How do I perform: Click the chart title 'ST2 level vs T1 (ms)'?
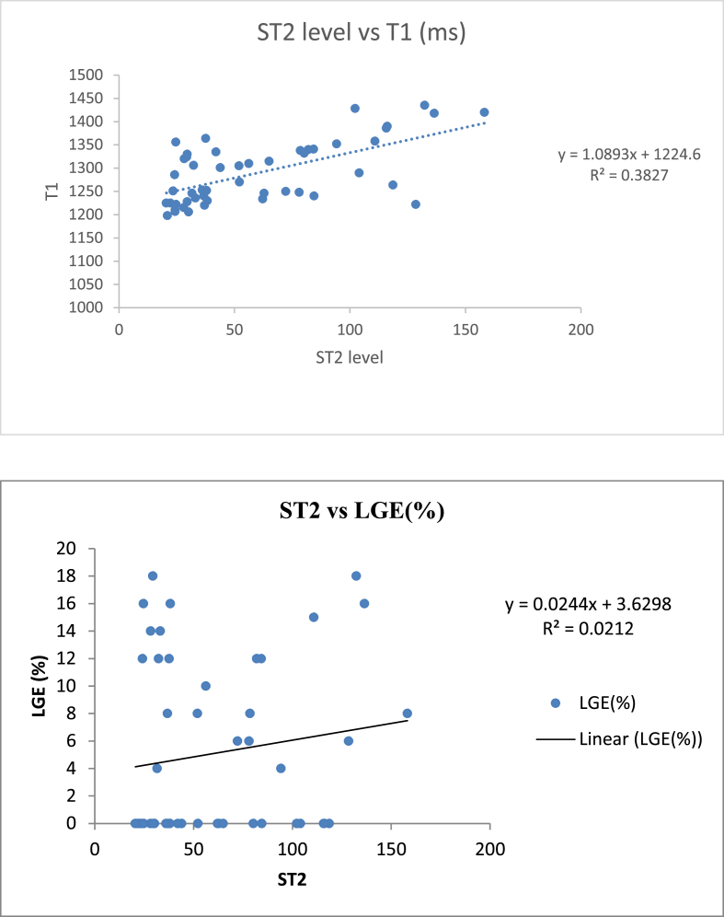(361, 34)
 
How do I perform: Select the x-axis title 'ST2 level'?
(349, 358)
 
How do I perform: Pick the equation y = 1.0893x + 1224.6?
(629, 155)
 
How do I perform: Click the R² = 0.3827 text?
(629, 172)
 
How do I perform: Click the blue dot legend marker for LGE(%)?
(556, 702)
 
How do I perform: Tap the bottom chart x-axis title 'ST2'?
(292, 879)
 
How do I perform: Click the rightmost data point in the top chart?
(484, 112)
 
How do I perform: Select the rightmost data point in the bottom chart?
(407, 714)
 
